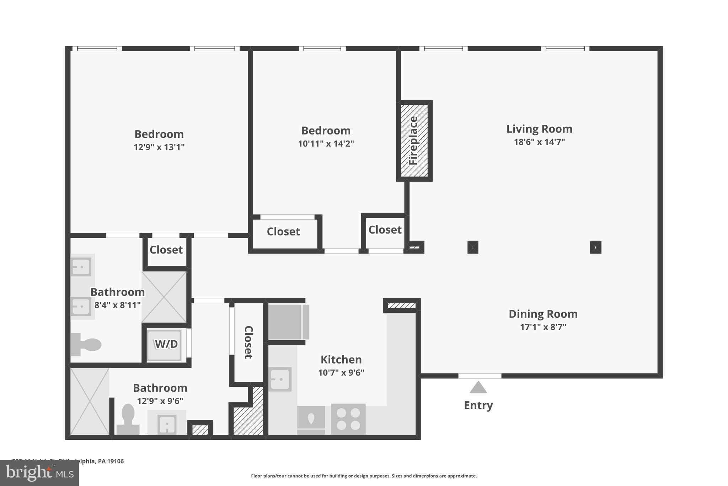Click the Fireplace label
[413, 141]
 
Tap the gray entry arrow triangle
[478, 387]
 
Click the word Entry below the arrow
[478, 405]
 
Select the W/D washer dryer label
[166, 344]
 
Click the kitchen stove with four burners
[348, 419]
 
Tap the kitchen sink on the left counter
[280, 379]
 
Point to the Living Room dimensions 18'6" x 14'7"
[539, 142]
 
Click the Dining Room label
[543, 314]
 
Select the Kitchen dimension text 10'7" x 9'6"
[341, 373]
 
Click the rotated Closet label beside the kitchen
[248, 342]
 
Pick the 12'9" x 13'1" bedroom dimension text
[159, 147]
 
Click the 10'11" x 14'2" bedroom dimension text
[326, 144]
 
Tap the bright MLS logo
[39, 473]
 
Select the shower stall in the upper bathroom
[164, 297]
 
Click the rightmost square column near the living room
[595, 247]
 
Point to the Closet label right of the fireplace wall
[385, 230]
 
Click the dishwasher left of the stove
[311, 419]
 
